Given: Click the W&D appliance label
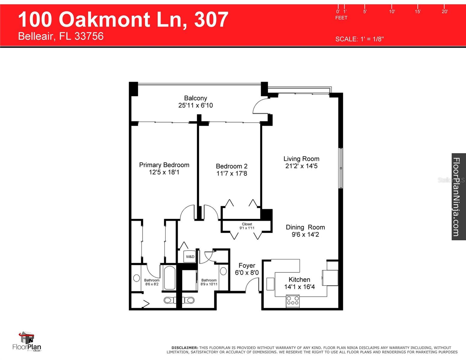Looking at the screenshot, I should [x=190, y=257].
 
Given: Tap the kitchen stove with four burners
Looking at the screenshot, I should [x=293, y=301].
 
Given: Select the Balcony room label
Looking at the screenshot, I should [x=195, y=98].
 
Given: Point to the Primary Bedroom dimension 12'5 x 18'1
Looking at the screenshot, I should [x=164, y=172].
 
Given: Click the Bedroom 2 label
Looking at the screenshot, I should [x=231, y=166].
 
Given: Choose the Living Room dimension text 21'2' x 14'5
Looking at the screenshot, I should [x=301, y=166].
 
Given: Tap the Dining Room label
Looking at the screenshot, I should [x=305, y=227].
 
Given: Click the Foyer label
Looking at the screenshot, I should [x=247, y=265].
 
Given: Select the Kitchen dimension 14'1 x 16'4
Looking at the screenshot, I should [x=299, y=287].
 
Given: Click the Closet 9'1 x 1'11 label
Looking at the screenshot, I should [x=247, y=226].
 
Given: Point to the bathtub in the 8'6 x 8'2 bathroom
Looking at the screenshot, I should [x=170, y=278].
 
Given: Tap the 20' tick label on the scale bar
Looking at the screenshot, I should [x=444, y=12].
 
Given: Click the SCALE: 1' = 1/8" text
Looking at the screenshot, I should [x=359, y=39].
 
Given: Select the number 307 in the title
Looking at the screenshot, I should [x=211, y=19].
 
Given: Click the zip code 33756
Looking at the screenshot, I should [x=89, y=36].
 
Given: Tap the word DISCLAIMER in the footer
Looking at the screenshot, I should [x=185, y=348].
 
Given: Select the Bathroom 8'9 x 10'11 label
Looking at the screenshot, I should [x=209, y=282].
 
